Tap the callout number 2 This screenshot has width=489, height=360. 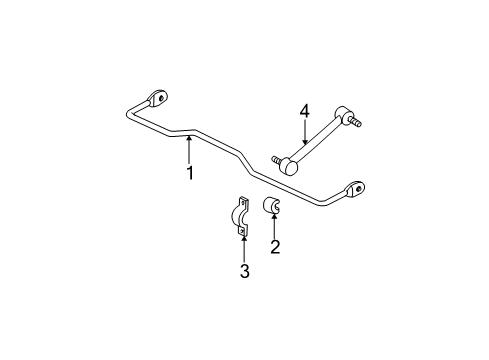273,247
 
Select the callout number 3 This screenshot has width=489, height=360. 243,270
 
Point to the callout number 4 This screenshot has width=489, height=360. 304,113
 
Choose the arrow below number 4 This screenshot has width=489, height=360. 304,136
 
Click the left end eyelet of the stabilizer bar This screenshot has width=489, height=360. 157,98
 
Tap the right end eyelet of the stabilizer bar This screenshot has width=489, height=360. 356,189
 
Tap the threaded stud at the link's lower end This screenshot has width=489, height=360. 276,158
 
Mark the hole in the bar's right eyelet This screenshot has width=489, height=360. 357,188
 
